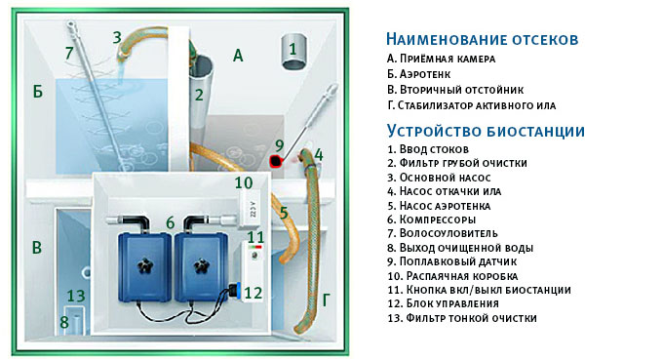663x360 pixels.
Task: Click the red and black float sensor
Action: click(x=276, y=161)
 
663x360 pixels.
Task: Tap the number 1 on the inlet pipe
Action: click(x=292, y=50)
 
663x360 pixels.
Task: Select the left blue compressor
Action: click(x=144, y=267)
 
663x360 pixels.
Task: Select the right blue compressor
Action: click(x=201, y=267)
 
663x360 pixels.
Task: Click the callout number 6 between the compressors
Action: click(x=170, y=222)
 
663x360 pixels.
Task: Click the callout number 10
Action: click(x=244, y=182)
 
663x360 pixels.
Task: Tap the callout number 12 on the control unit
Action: click(x=253, y=293)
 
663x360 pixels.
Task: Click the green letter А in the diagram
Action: click(x=238, y=56)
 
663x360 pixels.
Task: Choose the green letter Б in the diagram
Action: click(x=38, y=91)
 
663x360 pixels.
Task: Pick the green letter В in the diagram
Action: click(x=37, y=248)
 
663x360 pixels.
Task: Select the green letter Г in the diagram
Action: click(x=326, y=300)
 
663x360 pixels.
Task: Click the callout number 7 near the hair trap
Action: click(x=69, y=54)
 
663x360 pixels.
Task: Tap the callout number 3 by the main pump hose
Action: click(x=117, y=37)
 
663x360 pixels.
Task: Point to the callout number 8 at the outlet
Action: click(x=63, y=322)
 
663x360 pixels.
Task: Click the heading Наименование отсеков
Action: click(x=482, y=39)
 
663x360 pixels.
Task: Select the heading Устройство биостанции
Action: click(x=486, y=131)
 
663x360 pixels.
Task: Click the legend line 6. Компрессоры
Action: click(x=432, y=220)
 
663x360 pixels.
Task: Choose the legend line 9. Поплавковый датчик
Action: click(x=452, y=261)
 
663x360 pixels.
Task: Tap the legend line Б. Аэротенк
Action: click(x=418, y=74)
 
